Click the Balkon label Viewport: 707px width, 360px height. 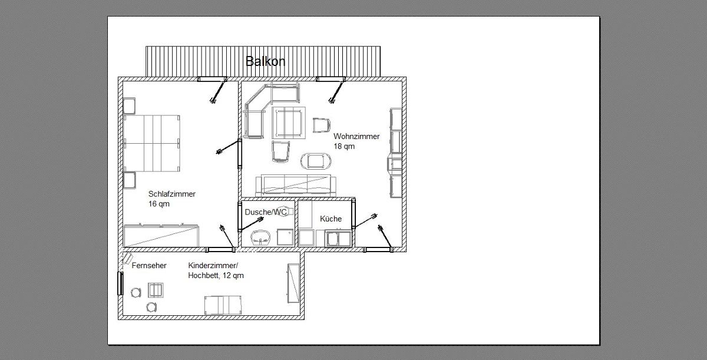point(265,61)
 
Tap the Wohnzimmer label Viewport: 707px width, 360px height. point(356,136)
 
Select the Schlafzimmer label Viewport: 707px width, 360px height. point(171,194)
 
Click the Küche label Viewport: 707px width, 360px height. point(331,219)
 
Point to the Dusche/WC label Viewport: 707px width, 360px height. point(266,212)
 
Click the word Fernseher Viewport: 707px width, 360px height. point(149,265)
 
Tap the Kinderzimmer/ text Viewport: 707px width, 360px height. point(213,265)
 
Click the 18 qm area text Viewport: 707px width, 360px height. point(344,146)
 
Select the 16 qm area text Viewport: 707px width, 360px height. point(158,204)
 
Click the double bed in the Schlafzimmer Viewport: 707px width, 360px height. point(152,143)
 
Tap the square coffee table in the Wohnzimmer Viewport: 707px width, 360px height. point(289,123)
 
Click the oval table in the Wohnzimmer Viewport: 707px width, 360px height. point(316,161)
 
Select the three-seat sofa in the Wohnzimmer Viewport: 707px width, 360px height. point(296,186)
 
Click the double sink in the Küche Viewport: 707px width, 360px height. point(338,238)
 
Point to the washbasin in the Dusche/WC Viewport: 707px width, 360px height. point(260,237)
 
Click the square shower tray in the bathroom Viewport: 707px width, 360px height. point(285,237)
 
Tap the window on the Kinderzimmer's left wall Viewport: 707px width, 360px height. point(120,283)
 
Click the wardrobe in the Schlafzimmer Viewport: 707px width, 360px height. point(161,235)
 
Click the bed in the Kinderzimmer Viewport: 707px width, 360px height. point(223,305)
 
